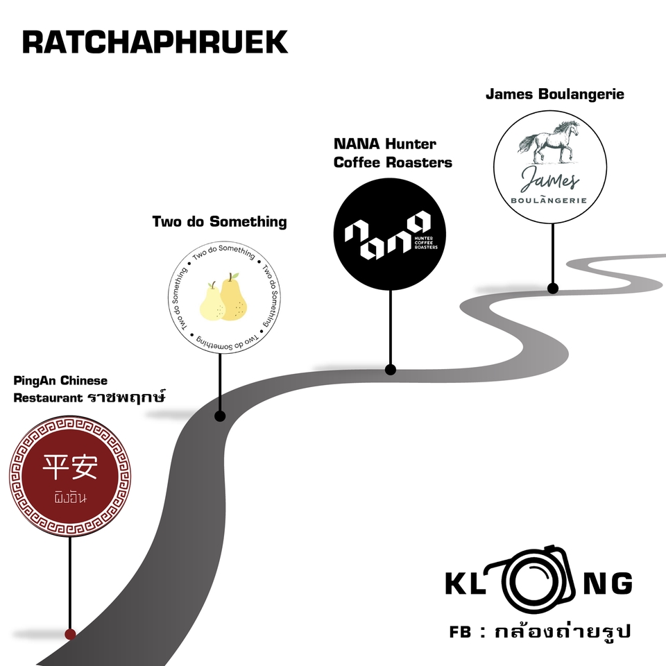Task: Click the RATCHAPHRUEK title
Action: pyautogui.click(x=155, y=42)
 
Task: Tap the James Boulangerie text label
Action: pyautogui.click(x=554, y=94)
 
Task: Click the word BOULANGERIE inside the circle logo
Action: pyautogui.click(x=553, y=200)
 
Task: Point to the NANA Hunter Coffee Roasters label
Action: pyautogui.click(x=393, y=153)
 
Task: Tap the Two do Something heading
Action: pyautogui.click(x=219, y=221)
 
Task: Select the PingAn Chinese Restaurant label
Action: pyautogui.click(x=90, y=389)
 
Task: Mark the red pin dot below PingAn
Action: pyautogui.click(x=70, y=633)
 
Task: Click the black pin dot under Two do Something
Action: pyautogui.click(x=220, y=416)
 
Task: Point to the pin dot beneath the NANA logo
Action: pyautogui.click(x=391, y=370)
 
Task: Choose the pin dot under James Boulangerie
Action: pyautogui.click(x=553, y=288)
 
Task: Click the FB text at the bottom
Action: pyautogui.click(x=461, y=633)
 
